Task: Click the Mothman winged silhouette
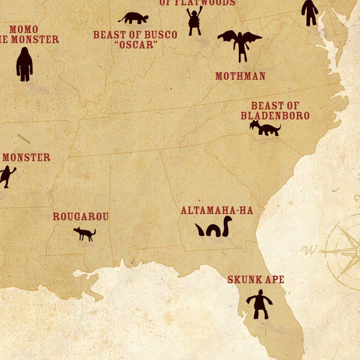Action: pyautogui.click(x=240, y=43)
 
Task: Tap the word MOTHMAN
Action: pyautogui.click(x=240, y=76)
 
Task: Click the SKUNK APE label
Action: pyautogui.click(x=255, y=279)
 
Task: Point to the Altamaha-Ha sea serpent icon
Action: pyautogui.click(x=213, y=228)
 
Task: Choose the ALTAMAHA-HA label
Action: pyautogui.click(x=216, y=210)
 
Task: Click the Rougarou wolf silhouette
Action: pyautogui.click(x=84, y=233)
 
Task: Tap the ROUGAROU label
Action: pyautogui.click(x=80, y=216)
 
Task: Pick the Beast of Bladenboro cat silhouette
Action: pyautogui.click(x=265, y=128)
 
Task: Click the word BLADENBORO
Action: pyautogui.click(x=274, y=115)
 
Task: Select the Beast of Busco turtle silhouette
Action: pyautogui.click(x=133, y=18)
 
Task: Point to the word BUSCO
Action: pyautogui.click(x=160, y=35)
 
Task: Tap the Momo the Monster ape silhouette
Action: pyautogui.click(x=24, y=64)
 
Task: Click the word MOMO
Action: pyautogui.click(x=23, y=29)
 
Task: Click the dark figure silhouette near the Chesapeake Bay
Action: pyautogui.click(x=309, y=12)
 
